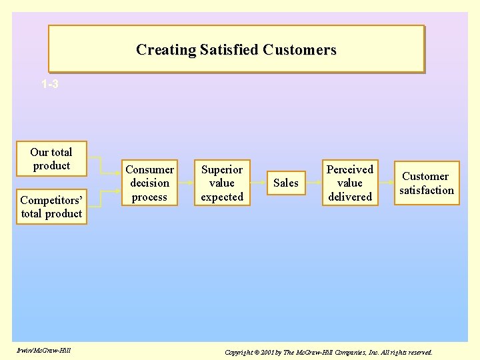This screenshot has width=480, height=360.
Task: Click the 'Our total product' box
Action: point(51,159)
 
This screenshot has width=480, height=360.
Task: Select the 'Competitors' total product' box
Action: point(51,207)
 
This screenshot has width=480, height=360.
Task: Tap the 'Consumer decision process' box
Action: point(150,183)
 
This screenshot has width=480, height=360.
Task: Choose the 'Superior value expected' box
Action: point(222,183)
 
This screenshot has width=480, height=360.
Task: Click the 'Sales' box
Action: point(286,183)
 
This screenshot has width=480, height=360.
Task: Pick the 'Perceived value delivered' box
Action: point(349,183)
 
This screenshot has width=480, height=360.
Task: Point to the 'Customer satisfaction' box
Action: point(426,183)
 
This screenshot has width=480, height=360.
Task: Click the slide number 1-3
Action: point(49,85)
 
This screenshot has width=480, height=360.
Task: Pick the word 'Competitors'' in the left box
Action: point(51,200)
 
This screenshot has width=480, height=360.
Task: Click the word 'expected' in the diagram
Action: point(222,197)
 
